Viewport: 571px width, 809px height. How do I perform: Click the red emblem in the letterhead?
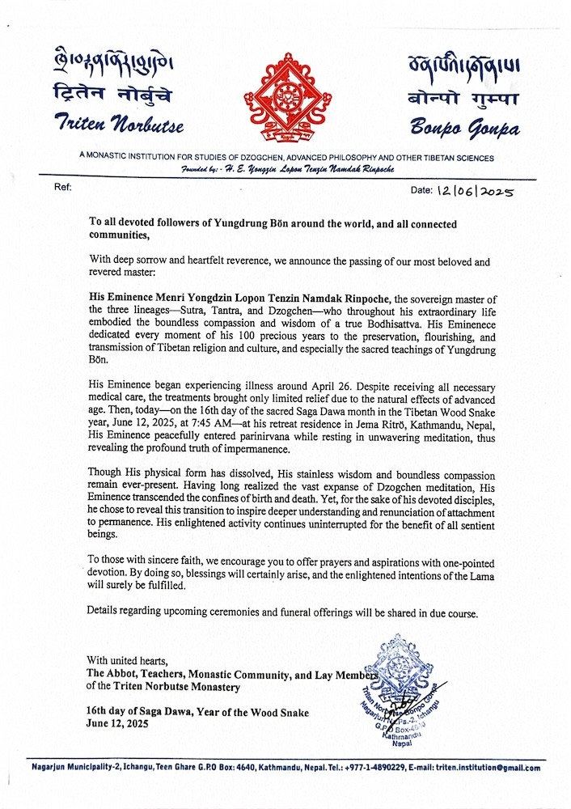285,95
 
